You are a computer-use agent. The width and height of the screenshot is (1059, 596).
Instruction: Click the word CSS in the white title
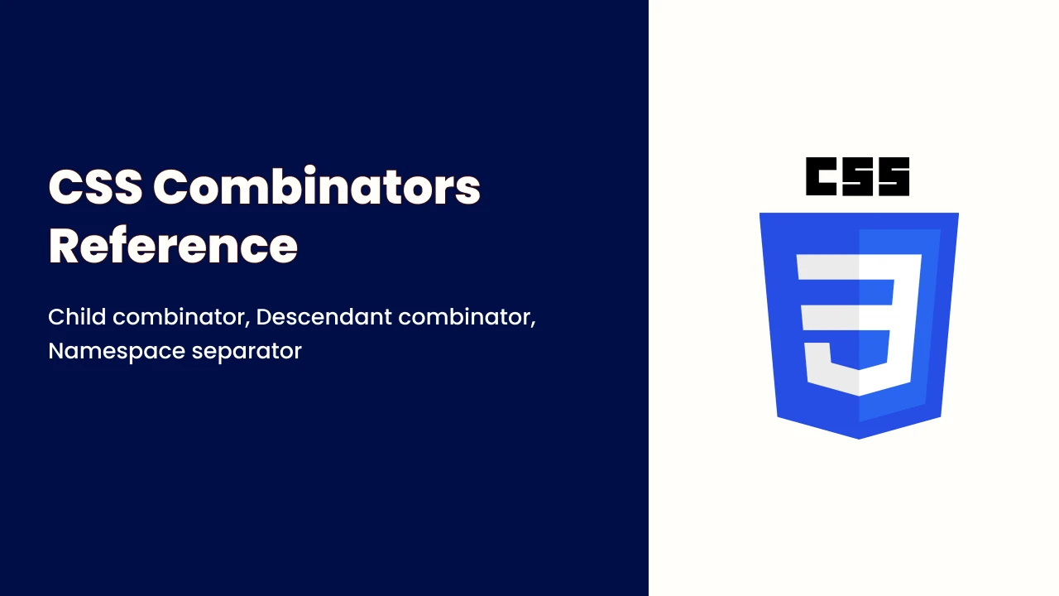pos(95,187)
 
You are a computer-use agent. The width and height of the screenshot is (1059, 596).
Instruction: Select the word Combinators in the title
pos(317,186)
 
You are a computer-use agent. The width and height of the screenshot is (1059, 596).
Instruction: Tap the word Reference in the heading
pos(173,245)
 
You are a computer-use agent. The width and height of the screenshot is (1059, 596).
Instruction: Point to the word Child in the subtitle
pos(77,316)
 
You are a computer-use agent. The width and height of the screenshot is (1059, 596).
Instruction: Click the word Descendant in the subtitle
pos(323,316)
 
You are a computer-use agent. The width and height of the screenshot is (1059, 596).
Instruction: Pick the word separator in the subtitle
pos(247,352)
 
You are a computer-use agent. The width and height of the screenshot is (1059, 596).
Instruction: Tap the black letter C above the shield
pos(821,176)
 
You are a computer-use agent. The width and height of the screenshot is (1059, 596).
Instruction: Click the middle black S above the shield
pos(857,176)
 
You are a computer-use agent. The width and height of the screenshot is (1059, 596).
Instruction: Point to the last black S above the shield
pos(894,176)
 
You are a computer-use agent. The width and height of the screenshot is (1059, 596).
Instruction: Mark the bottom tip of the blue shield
pos(859,439)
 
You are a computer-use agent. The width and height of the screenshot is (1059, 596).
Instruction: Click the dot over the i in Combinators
pos(309,170)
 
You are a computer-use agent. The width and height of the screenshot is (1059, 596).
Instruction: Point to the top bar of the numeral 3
pos(860,267)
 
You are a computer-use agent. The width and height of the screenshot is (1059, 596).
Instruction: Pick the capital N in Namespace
pos(56,352)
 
